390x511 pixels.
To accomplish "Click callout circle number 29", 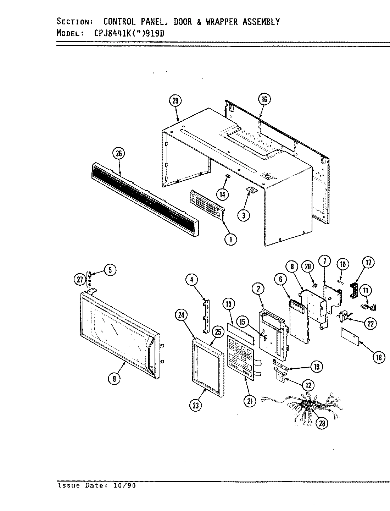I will tap(175, 101).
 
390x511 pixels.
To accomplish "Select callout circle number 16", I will tap(264, 99).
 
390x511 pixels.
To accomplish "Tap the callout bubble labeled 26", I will tap(118, 154).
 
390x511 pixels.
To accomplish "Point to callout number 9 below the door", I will tap(114, 379).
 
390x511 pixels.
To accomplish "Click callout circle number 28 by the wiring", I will tap(322, 423).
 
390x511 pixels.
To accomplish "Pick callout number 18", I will tap(379, 357).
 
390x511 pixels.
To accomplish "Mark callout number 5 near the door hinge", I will tap(110, 270).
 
